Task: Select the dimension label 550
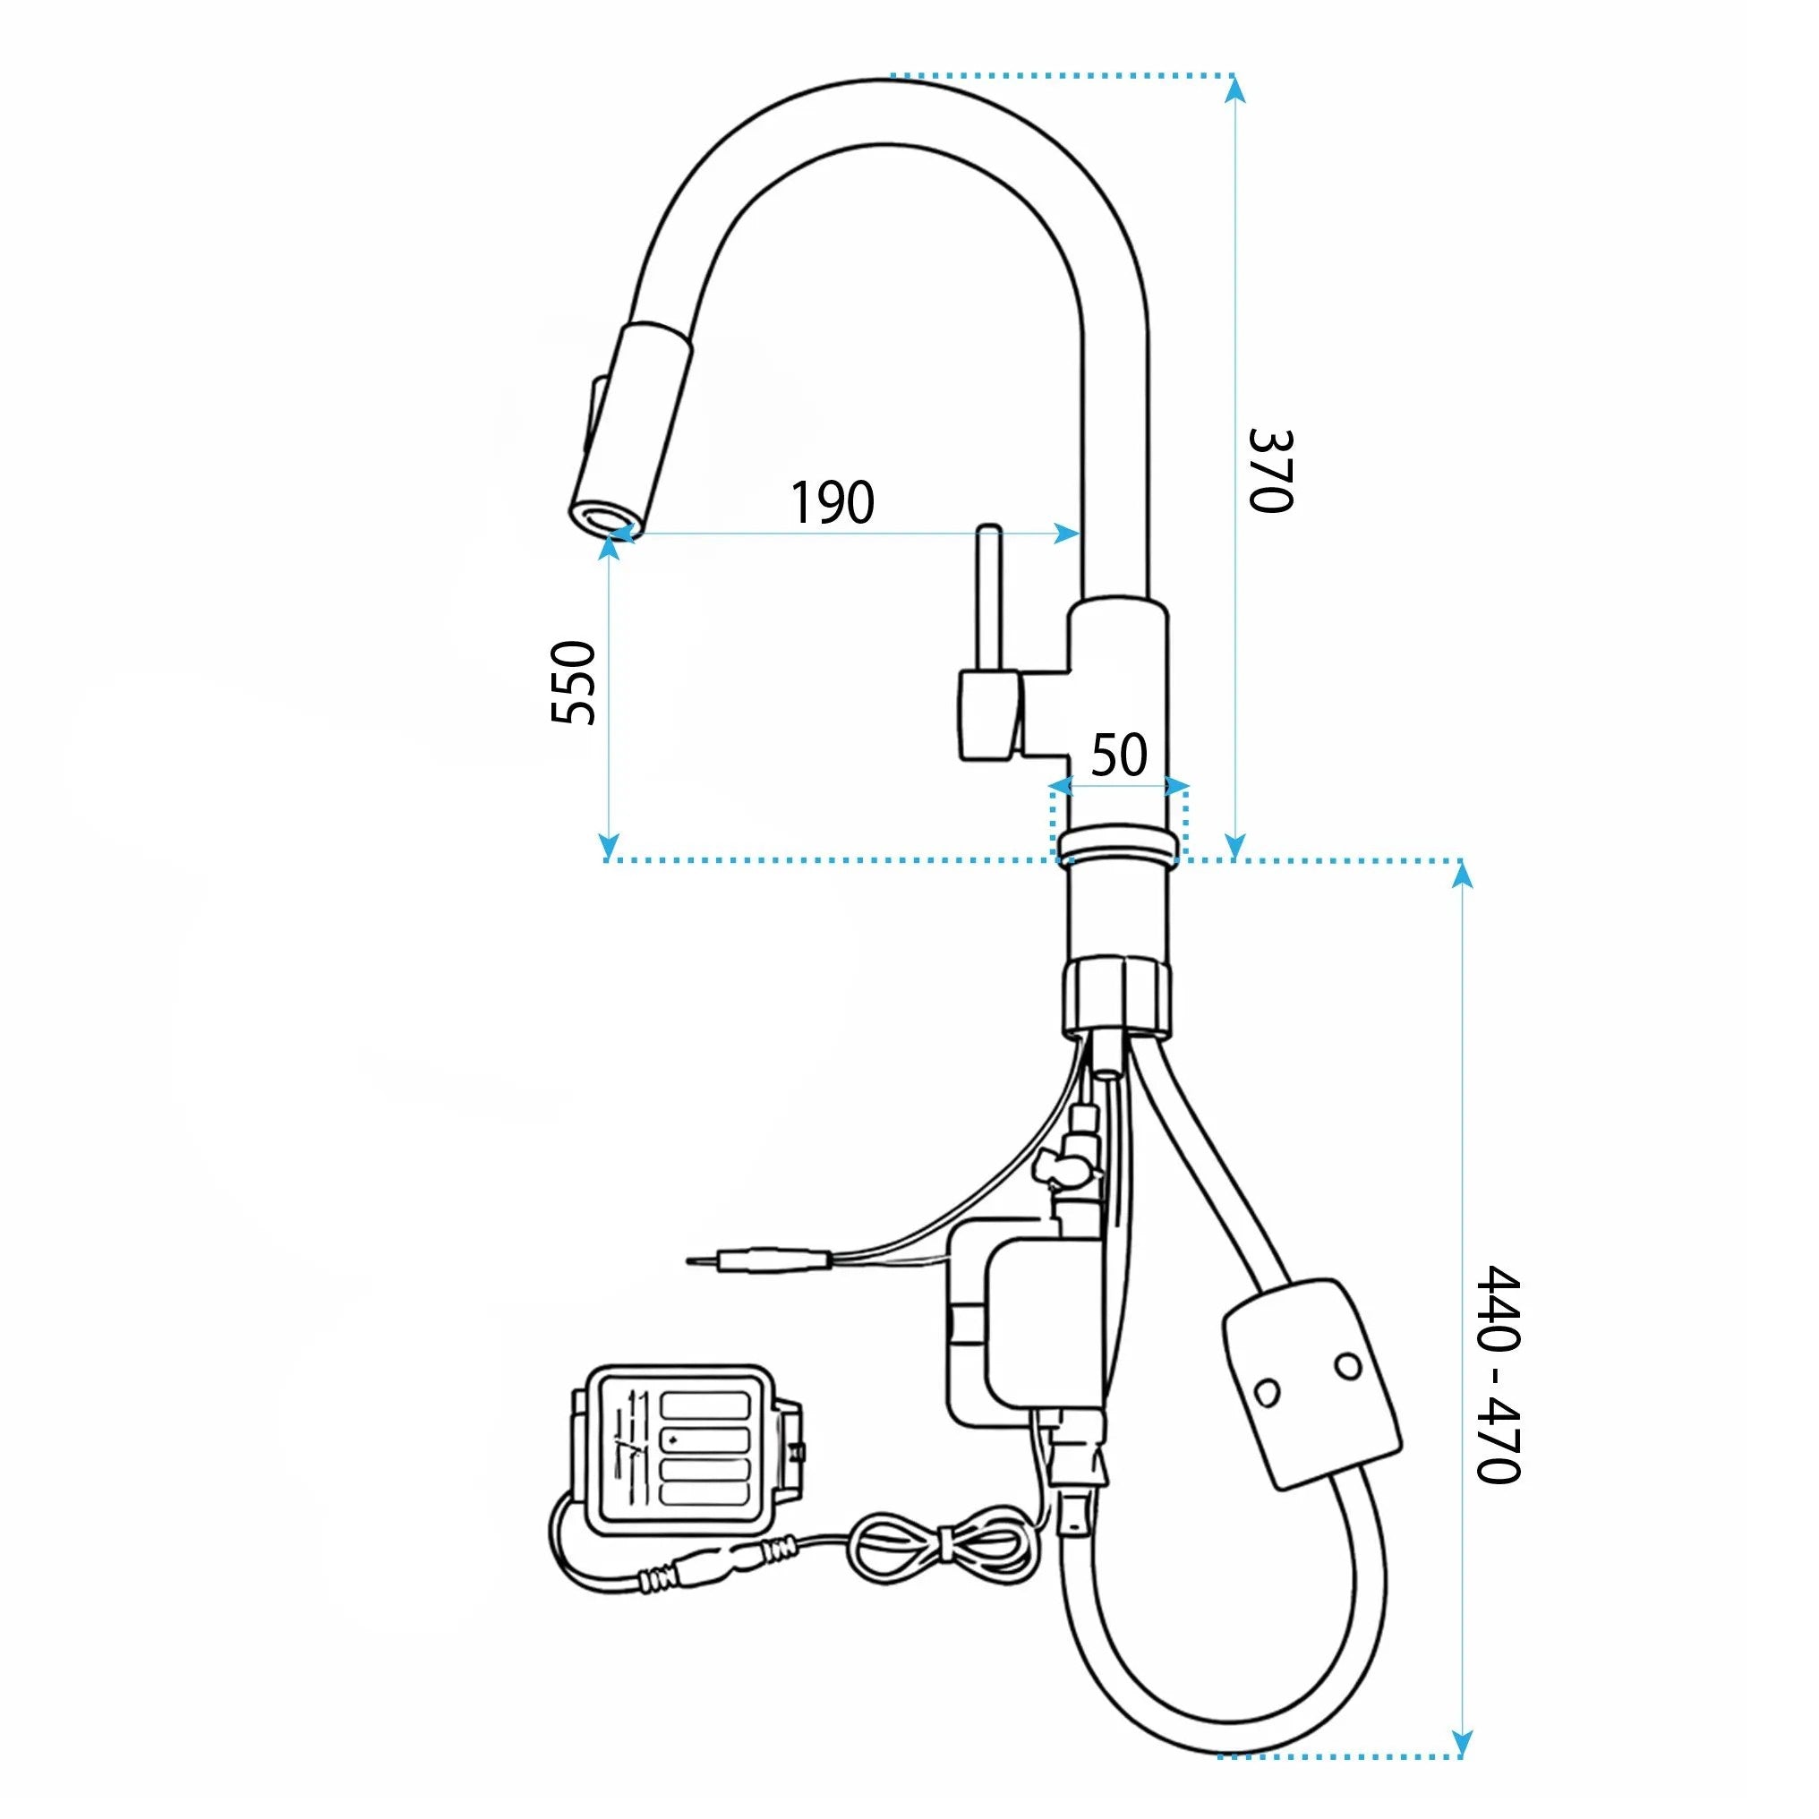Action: [x=572, y=683]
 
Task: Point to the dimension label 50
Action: [x=1120, y=754]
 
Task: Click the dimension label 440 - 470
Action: [x=1498, y=1374]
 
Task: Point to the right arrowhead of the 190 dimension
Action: [x=1068, y=534]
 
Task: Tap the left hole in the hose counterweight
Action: [x=1268, y=1390]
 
